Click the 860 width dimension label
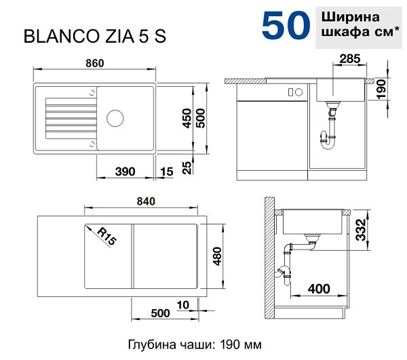95,63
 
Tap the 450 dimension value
187,118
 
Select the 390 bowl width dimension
125,172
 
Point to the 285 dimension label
350,59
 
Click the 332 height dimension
361,230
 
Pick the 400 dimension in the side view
319,288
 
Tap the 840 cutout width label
146,201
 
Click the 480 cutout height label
217,256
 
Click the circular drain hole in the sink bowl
115,118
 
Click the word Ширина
350,17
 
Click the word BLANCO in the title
60,36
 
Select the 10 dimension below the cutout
182,305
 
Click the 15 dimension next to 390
166,172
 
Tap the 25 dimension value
187,167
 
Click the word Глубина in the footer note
151,345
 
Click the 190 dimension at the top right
381,89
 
